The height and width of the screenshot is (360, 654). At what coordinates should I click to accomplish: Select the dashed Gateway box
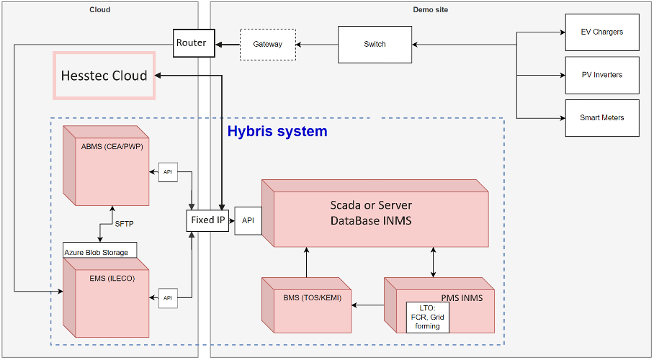click(x=268, y=44)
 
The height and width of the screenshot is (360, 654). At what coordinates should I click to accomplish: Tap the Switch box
click(x=375, y=44)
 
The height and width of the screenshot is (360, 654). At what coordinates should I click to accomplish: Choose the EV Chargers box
click(x=602, y=32)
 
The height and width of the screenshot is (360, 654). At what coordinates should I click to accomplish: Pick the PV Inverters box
click(x=602, y=75)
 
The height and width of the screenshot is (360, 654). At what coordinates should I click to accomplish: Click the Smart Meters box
click(x=602, y=117)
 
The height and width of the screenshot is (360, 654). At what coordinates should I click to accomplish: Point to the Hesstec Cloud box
click(x=104, y=76)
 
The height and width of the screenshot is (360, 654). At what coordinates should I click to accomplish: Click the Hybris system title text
click(x=277, y=132)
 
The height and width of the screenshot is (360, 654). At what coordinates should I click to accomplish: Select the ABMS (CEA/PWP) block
click(x=106, y=166)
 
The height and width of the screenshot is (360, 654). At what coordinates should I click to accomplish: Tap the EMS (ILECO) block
click(x=106, y=298)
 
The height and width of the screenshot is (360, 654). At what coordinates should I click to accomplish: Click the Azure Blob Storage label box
click(x=100, y=250)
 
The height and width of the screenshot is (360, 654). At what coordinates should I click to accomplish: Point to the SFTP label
click(x=124, y=224)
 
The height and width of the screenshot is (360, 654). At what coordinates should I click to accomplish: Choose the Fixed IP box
click(x=207, y=220)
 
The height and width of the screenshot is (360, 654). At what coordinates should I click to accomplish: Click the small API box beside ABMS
click(x=168, y=172)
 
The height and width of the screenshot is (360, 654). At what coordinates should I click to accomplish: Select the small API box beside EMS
click(x=168, y=298)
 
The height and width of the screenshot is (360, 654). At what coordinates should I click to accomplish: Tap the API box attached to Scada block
click(x=248, y=220)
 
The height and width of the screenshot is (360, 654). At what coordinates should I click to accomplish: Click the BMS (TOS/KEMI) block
click(x=307, y=305)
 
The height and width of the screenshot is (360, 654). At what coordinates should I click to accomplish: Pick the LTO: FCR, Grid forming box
click(x=428, y=318)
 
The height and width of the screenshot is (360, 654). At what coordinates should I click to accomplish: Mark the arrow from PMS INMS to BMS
click(x=368, y=305)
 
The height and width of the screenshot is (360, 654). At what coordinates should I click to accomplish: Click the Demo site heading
click(x=431, y=9)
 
